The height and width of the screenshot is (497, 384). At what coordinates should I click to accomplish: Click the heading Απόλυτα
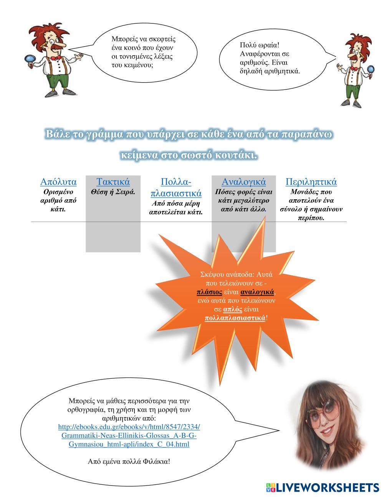click(x=58, y=182)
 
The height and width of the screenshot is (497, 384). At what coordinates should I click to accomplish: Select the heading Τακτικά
click(x=113, y=182)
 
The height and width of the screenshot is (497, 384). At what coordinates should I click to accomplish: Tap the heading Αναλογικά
click(x=243, y=182)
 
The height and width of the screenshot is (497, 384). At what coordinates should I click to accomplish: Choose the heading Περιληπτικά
click(x=311, y=182)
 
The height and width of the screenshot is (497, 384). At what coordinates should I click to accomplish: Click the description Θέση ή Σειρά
click(x=113, y=192)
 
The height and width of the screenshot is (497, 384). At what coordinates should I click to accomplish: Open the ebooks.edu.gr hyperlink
click(x=129, y=436)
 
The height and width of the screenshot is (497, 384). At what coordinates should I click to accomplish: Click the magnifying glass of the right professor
click(x=371, y=70)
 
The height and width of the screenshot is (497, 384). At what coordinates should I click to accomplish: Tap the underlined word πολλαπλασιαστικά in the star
click(x=235, y=318)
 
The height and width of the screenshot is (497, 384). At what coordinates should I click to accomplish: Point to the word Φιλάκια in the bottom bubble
click(x=155, y=461)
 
